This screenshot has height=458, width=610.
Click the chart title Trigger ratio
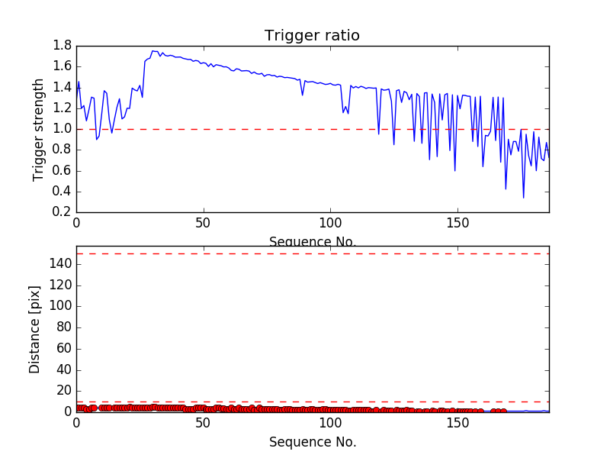coord(312,36)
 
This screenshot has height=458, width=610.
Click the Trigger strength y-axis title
coord(39,129)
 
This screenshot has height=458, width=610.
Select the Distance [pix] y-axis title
coord(35,329)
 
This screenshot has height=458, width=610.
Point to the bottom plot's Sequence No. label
coord(312,442)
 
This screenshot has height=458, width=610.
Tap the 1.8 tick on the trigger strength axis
coord(63,46)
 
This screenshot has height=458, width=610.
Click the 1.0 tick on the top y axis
coord(63,129)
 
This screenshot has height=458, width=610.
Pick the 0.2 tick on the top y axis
coord(63,212)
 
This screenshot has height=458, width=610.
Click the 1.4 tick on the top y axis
coord(63,88)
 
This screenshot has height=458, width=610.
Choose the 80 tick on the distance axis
coord(63,327)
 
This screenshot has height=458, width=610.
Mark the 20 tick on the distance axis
coord(63,391)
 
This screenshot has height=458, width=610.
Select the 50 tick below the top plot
coord(203,224)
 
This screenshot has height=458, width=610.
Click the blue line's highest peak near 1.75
coord(152,51)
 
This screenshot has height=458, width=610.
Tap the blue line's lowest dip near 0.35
coord(523,198)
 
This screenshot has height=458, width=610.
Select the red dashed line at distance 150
coord(305,253)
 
